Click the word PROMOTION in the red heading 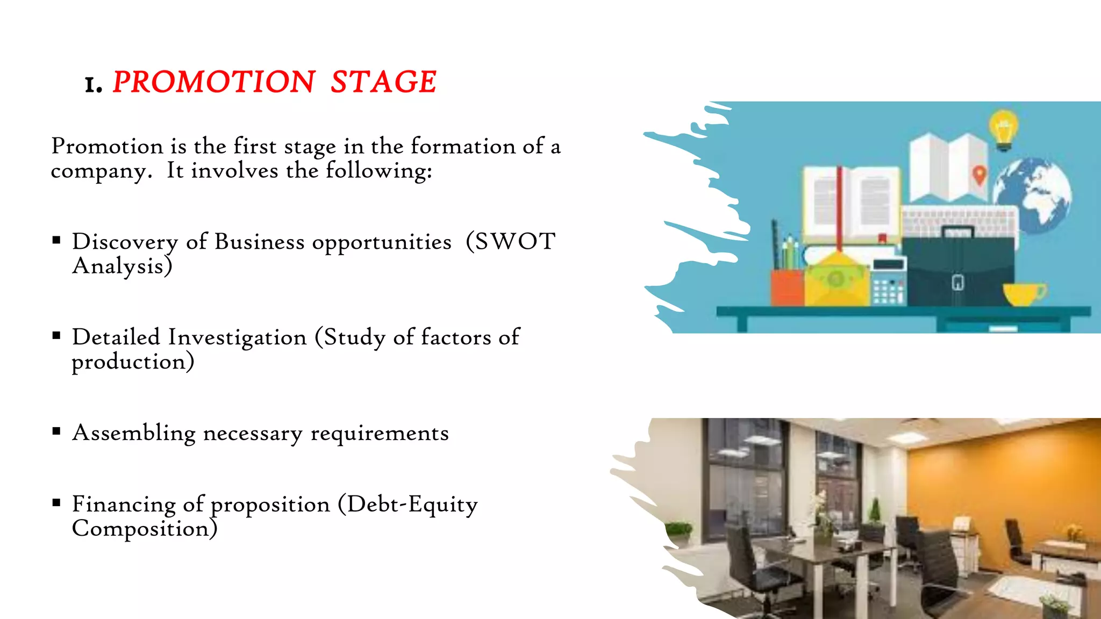coord(213,82)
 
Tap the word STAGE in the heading coord(383,82)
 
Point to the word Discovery coord(125,242)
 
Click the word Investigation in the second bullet coord(237,338)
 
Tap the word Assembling coord(134,433)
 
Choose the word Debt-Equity coord(412,505)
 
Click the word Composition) coord(145,529)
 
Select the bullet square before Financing coord(56,503)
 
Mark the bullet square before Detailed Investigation coord(56,336)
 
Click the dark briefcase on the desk coord(958,269)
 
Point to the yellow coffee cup coord(1023,294)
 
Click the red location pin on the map coord(980,175)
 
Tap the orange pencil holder coord(787,287)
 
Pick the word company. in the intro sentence coord(101,172)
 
